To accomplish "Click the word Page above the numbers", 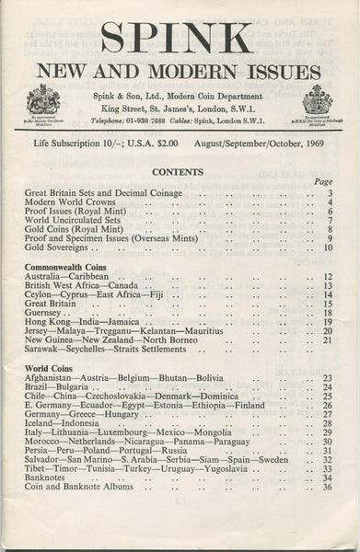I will [x=322, y=182].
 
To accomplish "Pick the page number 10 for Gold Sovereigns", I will [x=327, y=247].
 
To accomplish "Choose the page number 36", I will [x=327, y=487].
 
